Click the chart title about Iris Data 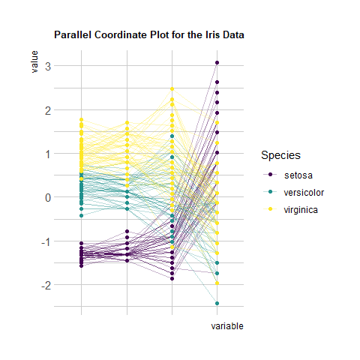[149, 34]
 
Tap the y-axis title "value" [34, 61]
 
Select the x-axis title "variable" [227, 326]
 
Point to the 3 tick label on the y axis [48, 67]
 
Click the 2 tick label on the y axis [48, 110]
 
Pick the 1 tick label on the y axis [48, 154]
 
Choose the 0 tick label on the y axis [48, 198]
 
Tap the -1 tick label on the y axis [46, 241]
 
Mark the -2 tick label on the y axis [46, 285]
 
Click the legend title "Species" [280, 155]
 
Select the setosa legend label [298, 175]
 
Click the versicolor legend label [304, 193]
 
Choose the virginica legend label [301, 210]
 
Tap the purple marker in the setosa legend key [270, 175]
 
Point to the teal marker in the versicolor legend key [270, 192]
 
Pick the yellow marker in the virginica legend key [270, 209]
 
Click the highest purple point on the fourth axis [217, 63]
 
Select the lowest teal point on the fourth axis [217, 304]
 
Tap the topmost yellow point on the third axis [172, 89]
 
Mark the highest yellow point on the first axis [81, 120]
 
